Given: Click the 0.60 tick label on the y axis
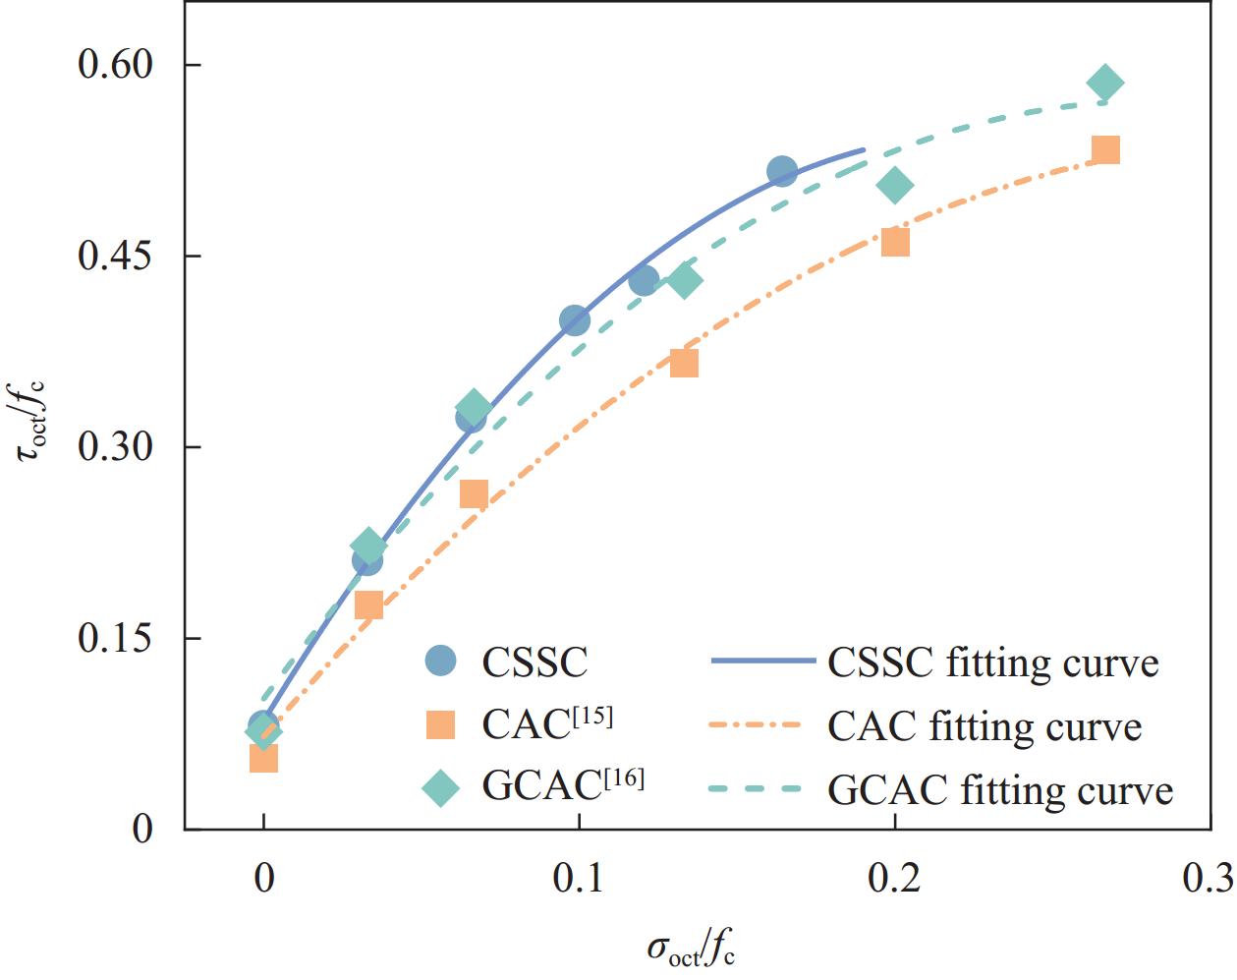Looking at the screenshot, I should [116, 66].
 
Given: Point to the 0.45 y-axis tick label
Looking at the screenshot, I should [116, 257].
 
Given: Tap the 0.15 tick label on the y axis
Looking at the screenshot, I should [116, 639].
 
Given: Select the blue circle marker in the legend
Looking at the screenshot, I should [441, 662].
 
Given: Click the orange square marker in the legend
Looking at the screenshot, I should [441, 724].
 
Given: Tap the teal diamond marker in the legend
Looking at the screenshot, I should [441, 787].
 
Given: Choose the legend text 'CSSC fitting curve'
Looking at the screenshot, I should [993, 663].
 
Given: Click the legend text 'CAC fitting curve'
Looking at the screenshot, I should [984, 726].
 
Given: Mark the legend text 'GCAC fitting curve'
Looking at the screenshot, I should [1000, 789].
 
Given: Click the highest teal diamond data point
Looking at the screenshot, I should [1105, 84].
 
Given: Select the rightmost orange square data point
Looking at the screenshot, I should [1105, 150].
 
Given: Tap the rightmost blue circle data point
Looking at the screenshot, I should [782, 172].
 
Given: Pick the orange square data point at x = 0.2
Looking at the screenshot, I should [895, 242].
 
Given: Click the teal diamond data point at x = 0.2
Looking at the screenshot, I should [895, 185].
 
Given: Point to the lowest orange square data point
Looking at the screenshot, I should [263, 758].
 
